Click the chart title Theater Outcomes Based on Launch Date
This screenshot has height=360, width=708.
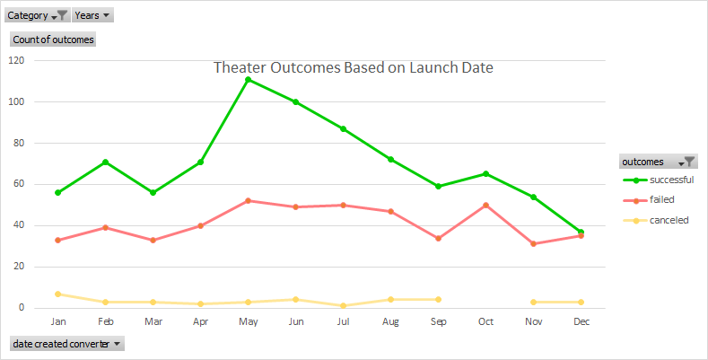353,67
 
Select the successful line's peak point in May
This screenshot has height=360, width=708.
248,79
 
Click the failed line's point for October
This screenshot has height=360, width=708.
485,205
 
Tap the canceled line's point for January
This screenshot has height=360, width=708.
57,294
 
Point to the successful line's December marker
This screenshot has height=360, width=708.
581,232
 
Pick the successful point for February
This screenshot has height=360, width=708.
105,162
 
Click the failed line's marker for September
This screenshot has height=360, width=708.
438,238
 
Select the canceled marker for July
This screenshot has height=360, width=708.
343,305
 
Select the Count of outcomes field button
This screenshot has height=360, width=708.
53,40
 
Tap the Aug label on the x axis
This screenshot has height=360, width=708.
390,321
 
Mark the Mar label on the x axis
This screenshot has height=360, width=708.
153,321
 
